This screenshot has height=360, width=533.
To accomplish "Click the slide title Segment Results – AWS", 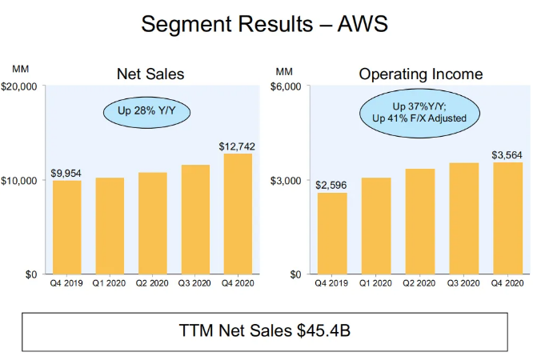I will point(265,24).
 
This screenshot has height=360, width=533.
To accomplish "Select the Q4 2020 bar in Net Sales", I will point(237,214).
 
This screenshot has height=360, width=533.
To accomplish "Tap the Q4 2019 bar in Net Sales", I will point(67,227).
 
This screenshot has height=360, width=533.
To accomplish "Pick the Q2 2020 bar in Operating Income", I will point(419,222).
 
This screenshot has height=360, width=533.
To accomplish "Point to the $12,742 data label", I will point(236,146).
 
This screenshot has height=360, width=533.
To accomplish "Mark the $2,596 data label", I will point(331,186).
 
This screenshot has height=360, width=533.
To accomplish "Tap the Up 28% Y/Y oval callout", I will point(146,110).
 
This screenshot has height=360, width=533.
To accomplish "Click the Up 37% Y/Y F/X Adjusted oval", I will point(413,111).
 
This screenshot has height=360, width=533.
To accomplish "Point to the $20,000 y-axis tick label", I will point(25,86).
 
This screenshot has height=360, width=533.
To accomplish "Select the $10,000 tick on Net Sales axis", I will point(25,180).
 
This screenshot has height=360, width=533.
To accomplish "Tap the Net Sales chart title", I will point(151,74).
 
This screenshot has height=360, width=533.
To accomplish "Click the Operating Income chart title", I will point(421,74).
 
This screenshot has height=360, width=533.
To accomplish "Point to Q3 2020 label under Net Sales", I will point(195,283).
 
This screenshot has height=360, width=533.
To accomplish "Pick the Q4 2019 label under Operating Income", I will point(331,283).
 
